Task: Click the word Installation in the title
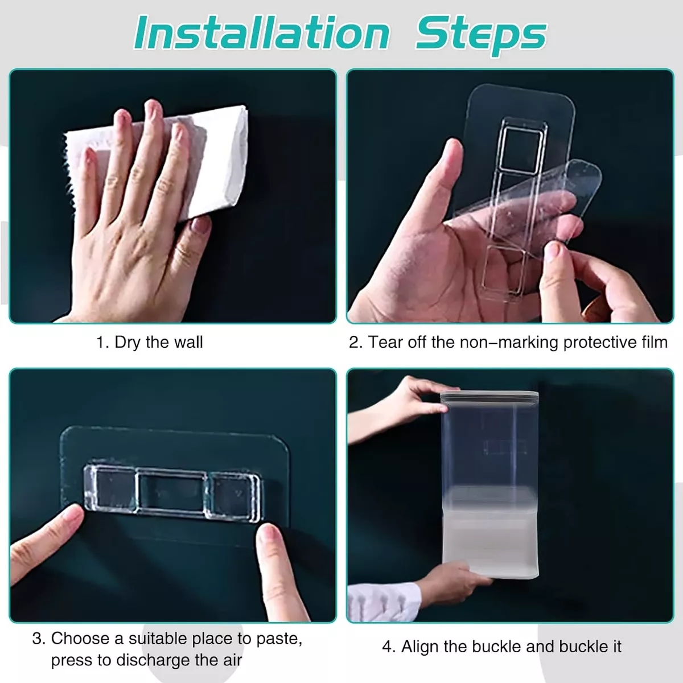coord(262,33)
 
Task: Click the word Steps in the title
coord(481,35)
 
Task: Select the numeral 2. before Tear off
coord(356,343)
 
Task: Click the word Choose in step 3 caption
coord(80,639)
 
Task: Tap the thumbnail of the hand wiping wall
coord(172,196)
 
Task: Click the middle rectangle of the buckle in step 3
coord(172,492)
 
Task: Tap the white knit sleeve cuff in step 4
coord(384,602)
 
